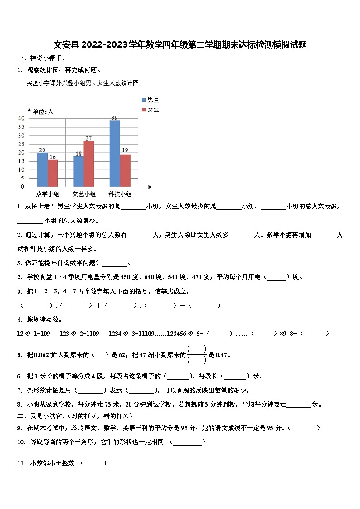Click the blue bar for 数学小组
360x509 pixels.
(42, 170)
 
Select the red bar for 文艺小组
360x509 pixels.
(89, 164)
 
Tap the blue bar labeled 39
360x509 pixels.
(115, 153)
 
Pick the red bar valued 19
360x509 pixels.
(125, 170)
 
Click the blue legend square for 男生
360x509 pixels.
(144, 100)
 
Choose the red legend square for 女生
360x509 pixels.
(144, 110)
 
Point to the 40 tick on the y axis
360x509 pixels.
(21, 118)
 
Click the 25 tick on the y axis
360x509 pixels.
(21, 144)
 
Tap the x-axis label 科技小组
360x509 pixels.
(120, 194)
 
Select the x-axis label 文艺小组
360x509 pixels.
(84, 194)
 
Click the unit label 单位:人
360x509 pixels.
(43, 111)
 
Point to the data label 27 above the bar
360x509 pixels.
(89, 138)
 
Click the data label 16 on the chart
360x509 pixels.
(53, 157)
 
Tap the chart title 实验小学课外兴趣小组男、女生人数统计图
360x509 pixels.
(83, 83)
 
